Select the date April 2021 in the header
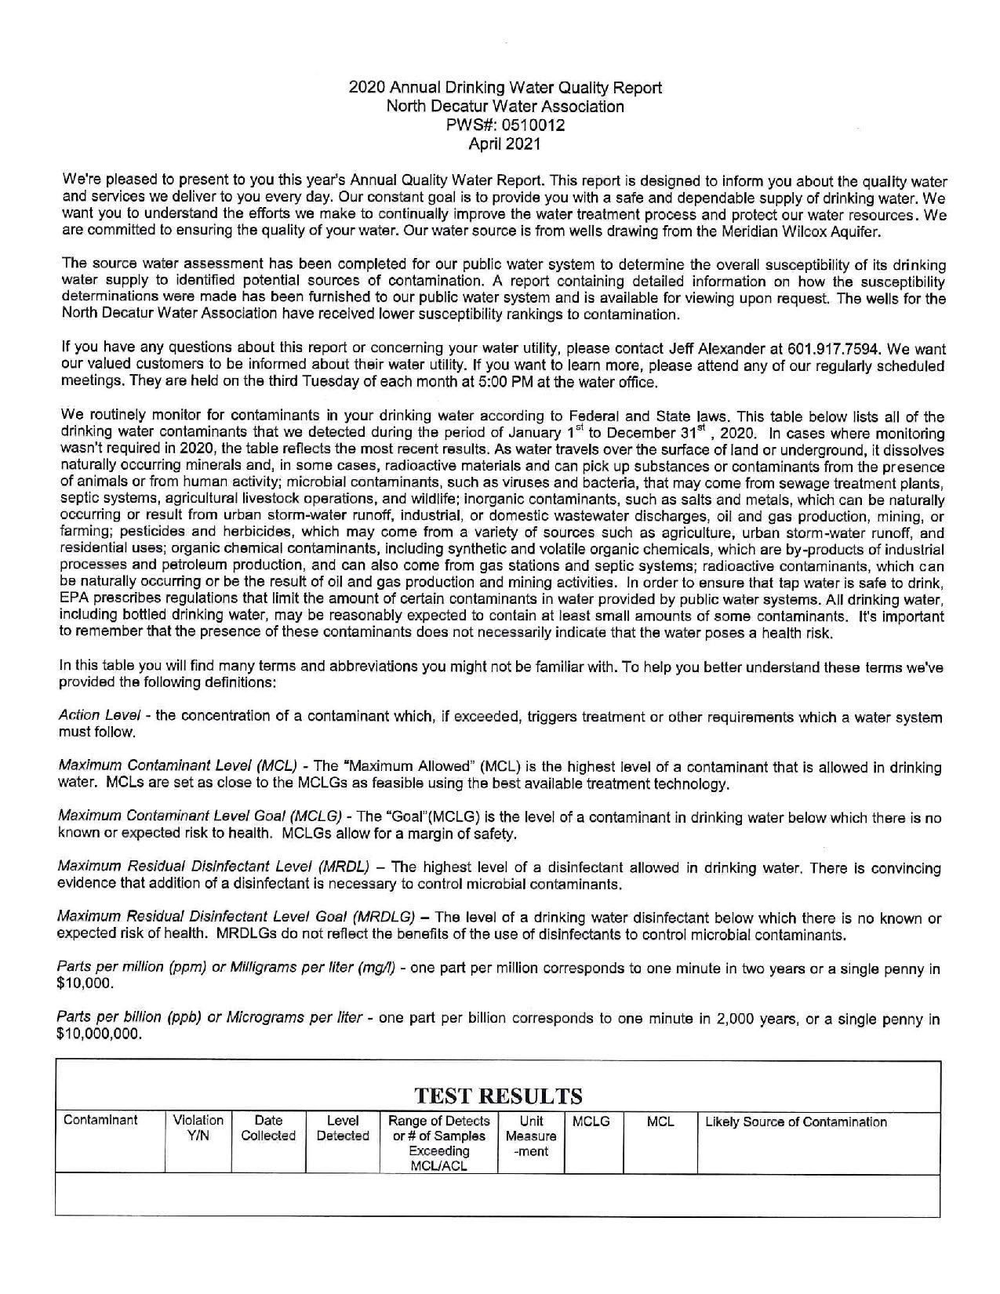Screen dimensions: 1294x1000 pos(504,144)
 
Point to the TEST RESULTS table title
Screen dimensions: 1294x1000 pos(497,1095)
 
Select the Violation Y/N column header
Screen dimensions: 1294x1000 pos(198,1129)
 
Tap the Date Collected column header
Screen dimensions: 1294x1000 pos(268,1129)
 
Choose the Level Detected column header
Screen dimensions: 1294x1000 pos(343,1129)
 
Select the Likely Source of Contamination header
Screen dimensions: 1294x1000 pos(796,1122)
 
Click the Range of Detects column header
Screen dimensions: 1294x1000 pos(439,1143)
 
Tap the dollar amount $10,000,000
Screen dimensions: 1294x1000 pos(101,1034)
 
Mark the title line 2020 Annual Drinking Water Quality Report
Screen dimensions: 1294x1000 pos(505,88)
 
